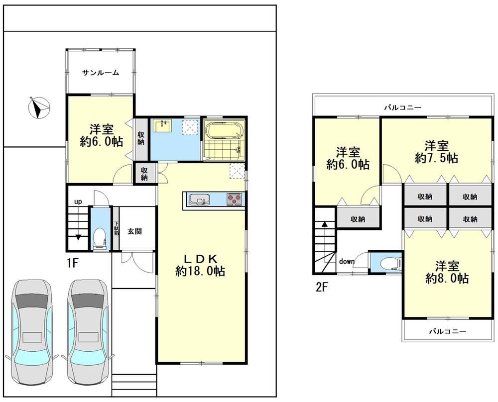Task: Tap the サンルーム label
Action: [x=101, y=73]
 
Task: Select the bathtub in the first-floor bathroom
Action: [x=224, y=130]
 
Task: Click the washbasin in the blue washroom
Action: [x=162, y=126]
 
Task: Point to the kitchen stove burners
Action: [x=235, y=199]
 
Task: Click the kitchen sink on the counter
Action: [x=200, y=199]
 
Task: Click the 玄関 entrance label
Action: [x=134, y=231]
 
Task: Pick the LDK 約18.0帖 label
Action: [x=200, y=265]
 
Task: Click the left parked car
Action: [x=32, y=332]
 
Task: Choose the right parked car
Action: [x=88, y=332]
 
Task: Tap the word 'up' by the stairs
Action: [x=78, y=201]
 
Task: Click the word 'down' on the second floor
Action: [x=347, y=261]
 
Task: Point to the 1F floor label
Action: [x=72, y=263]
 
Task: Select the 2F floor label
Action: [x=321, y=287]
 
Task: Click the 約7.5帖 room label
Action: [x=436, y=158]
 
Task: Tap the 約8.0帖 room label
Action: [x=447, y=278]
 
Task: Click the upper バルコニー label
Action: [x=403, y=107]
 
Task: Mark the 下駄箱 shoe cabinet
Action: [x=116, y=228]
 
